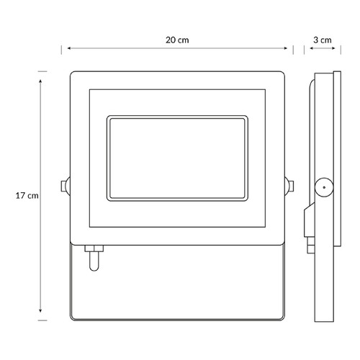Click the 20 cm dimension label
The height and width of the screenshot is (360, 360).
[177, 40]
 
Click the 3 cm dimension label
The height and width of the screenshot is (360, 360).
[323, 40]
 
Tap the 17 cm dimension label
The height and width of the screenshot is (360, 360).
[27, 196]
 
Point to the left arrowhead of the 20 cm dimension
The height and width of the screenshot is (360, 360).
[68, 48]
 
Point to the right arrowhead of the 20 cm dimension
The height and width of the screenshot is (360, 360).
[286, 48]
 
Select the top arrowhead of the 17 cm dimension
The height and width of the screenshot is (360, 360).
[40, 81]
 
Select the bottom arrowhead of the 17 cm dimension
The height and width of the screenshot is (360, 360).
[40, 311]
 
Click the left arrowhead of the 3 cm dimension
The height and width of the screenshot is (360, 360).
[311, 48]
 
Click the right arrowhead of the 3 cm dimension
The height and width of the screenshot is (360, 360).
[333, 48]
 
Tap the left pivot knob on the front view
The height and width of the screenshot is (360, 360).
[66, 186]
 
